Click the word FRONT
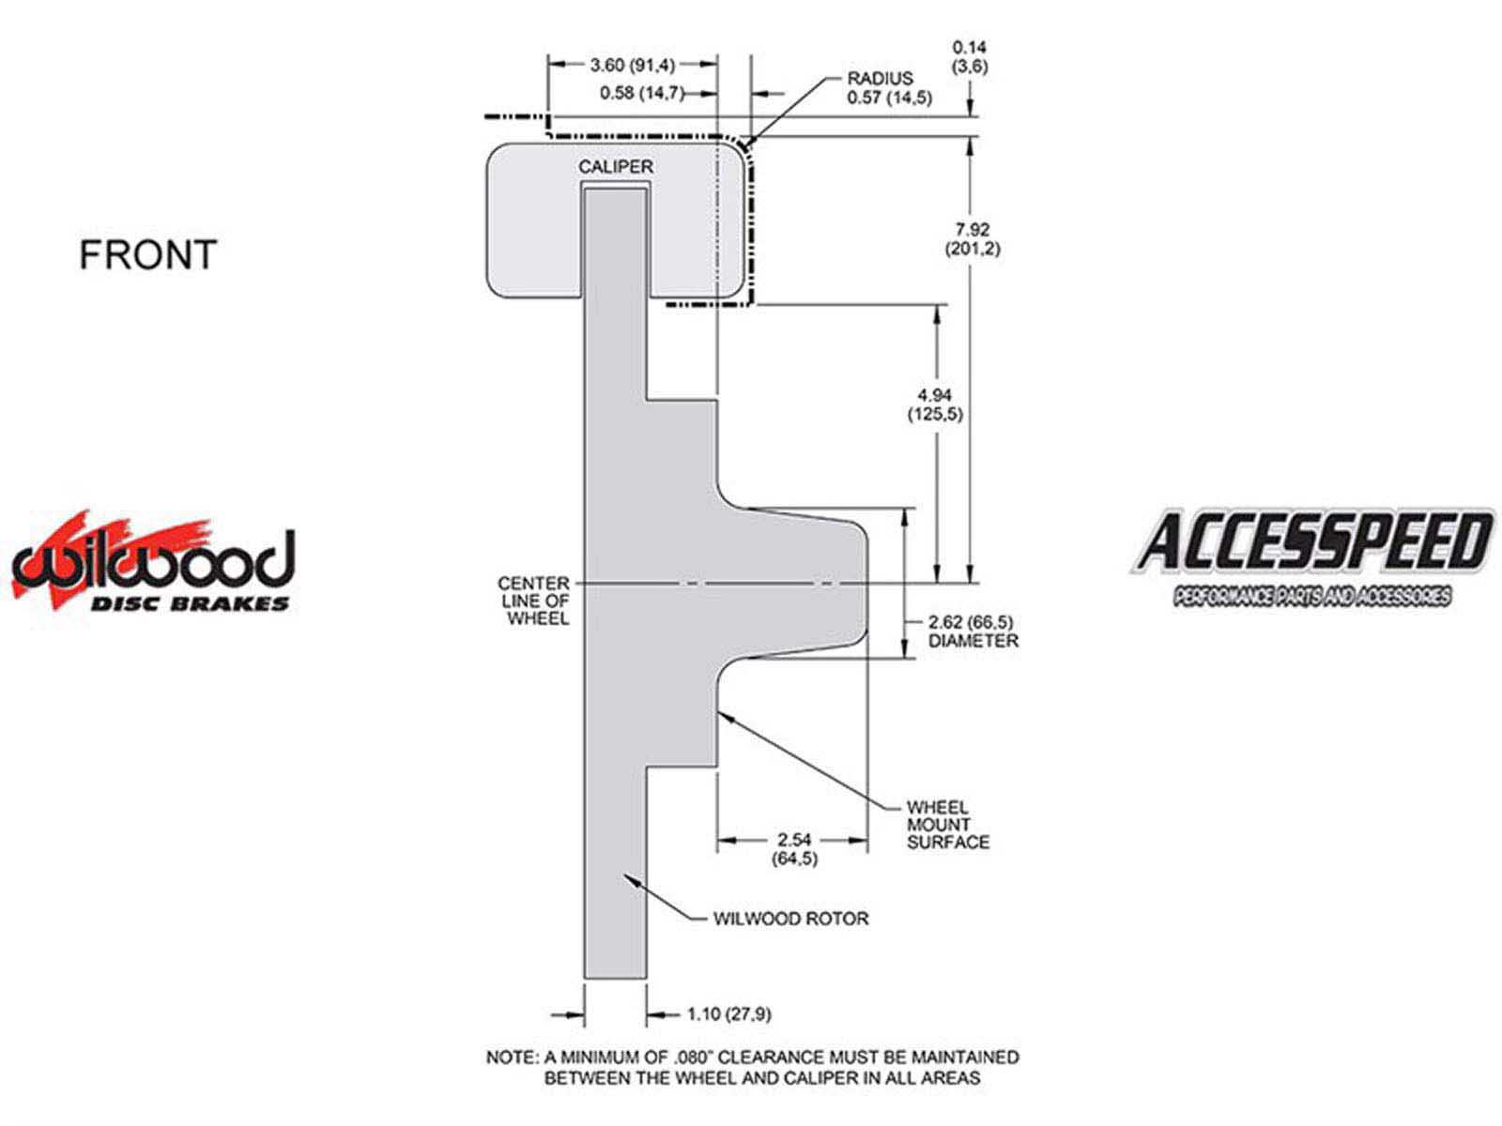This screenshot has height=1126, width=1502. pyautogui.click(x=147, y=255)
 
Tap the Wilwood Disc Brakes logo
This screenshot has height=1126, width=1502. pyautogui.click(x=153, y=563)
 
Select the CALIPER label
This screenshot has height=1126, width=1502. pyautogui.click(x=615, y=166)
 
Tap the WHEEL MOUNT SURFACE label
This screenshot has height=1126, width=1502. pyautogui.click(x=947, y=825)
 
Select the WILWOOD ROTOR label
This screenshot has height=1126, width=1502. pyautogui.click(x=790, y=919)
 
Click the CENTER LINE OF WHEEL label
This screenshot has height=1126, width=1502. pyautogui.click(x=534, y=601)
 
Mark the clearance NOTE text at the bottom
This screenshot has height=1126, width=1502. pyautogui.click(x=752, y=1067)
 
